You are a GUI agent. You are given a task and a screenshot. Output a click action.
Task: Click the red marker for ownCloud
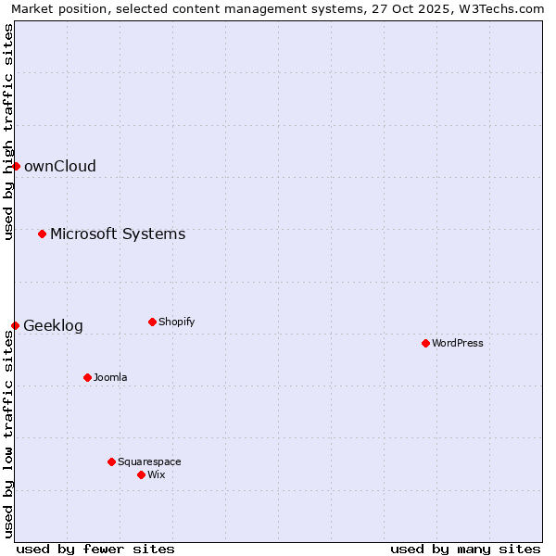coord(16,166)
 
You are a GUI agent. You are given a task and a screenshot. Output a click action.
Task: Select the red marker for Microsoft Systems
coord(42,234)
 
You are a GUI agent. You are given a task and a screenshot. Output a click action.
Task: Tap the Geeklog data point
coord(15,325)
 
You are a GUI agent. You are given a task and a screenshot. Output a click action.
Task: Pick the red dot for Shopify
coord(152,322)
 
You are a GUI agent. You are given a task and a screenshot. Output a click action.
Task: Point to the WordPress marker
coord(425,343)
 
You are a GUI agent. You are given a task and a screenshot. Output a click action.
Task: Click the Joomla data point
coord(87,377)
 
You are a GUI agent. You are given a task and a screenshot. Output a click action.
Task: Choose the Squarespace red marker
coord(111,461)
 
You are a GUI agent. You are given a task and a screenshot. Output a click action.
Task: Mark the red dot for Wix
coord(141,474)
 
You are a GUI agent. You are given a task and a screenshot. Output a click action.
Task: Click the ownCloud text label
coord(59,167)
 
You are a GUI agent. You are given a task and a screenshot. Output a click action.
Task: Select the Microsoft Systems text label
coord(118,234)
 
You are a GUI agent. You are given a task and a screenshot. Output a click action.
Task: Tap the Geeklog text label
coord(53,326)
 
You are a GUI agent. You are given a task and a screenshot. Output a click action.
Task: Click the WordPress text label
coord(458,344)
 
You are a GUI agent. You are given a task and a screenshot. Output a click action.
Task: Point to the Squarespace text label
coord(149,462)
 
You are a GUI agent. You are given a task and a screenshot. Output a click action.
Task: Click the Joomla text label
coord(110,378)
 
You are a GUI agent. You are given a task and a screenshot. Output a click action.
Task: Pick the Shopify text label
coord(176,322)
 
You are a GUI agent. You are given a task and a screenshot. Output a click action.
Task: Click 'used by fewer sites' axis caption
coord(95,549)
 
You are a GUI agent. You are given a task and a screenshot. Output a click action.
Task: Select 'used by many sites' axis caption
coord(465,549)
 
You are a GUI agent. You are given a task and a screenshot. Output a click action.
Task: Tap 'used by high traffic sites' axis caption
coord(8,132)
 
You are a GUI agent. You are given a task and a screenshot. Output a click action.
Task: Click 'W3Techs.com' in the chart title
coord(497,8)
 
